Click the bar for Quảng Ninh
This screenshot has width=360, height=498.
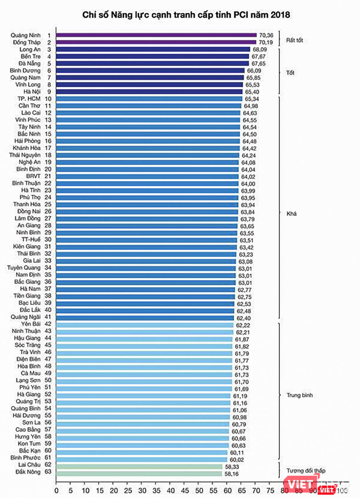(x=156, y=35)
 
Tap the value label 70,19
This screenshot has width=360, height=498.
(x=266, y=42)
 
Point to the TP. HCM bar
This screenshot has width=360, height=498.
(x=149, y=99)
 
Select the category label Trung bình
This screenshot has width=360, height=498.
(x=300, y=395)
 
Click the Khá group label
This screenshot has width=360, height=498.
(x=292, y=214)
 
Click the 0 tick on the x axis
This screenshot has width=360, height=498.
(x=56, y=490)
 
